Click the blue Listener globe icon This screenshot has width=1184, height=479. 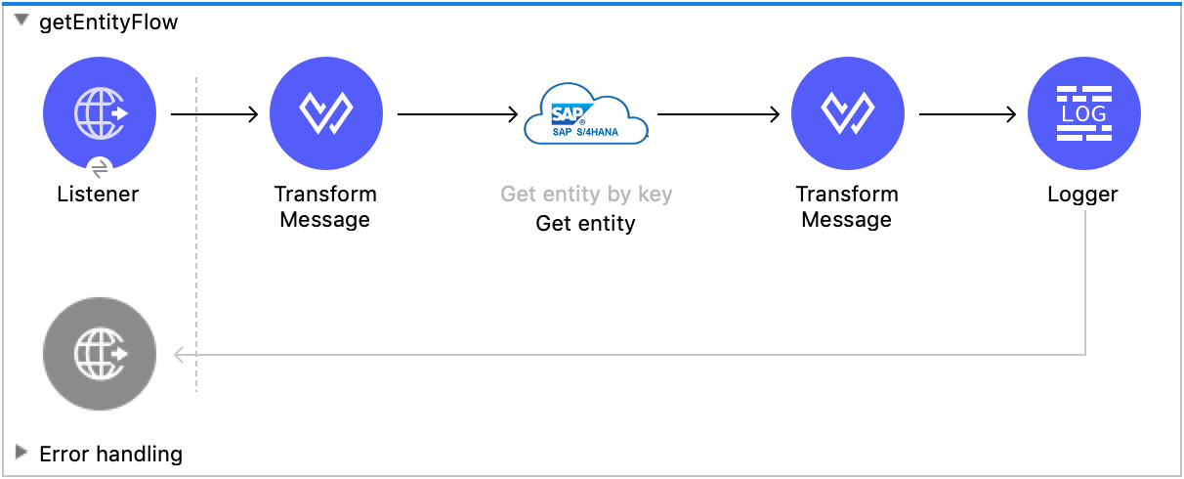[100, 114]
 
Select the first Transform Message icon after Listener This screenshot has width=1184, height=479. [325, 114]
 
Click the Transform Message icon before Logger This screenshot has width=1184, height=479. [847, 114]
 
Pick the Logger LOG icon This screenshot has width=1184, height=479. [1083, 114]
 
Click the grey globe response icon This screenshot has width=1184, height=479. [100, 354]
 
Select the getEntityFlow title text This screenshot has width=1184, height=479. [108, 22]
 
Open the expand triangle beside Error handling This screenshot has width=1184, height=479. [21, 452]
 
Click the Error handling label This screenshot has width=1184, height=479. [110, 454]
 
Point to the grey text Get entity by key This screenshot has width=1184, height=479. [586, 194]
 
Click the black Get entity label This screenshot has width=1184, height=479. [585, 224]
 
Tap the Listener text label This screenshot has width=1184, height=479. [98, 194]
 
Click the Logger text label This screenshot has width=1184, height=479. [1082, 194]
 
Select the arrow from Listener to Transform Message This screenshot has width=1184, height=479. [214, 114]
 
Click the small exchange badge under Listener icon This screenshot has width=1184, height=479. [100, 167]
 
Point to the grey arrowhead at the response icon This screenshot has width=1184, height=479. [179, 354]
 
